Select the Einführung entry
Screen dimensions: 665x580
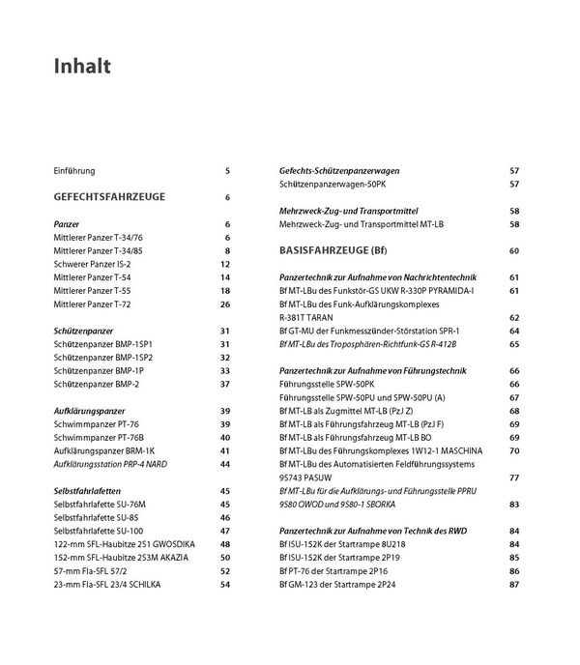(x=74, y=171)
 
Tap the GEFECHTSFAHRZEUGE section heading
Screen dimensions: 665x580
(x=109, y=197)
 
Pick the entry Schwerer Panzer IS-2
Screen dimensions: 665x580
(x=93, y=263)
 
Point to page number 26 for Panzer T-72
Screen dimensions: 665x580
(x=225, y=304)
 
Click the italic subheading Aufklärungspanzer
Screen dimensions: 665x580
(x=87, y=411)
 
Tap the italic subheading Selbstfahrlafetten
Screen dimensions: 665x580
(x=87, y=491)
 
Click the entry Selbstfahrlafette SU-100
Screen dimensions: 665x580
(x=100, y=531)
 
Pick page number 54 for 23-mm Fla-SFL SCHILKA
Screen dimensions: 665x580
(x=225, y=584)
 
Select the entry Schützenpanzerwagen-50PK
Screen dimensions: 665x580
(x=333, y=184)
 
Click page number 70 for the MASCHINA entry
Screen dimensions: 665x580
(x=514, y=450)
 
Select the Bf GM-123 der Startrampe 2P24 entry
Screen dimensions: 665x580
(x=340, y=584)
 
